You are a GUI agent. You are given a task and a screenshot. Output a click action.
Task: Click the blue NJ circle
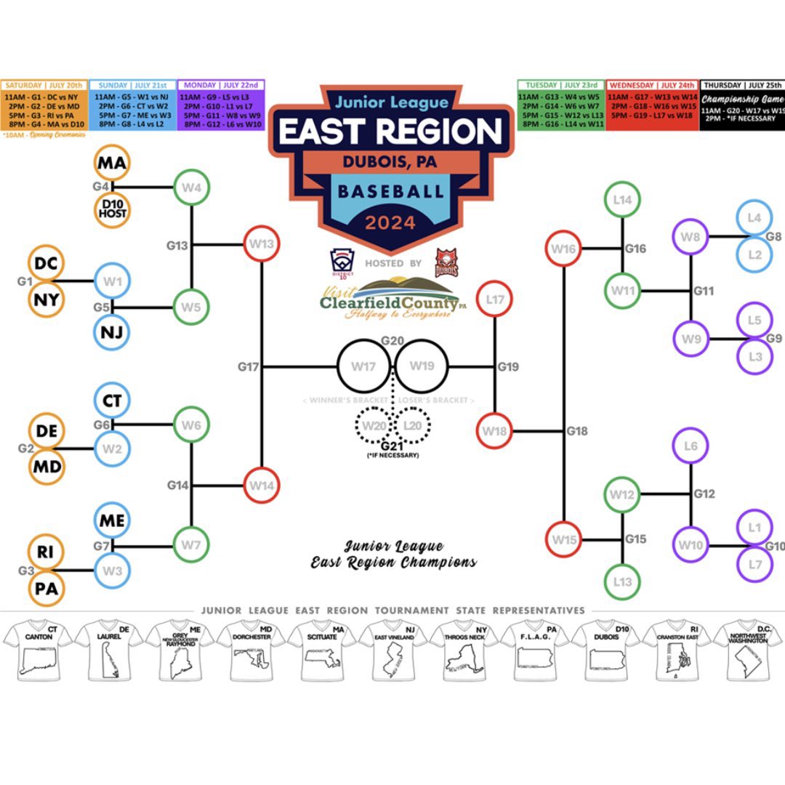[112, 332]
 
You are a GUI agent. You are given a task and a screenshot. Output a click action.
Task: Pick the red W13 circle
[261, 244]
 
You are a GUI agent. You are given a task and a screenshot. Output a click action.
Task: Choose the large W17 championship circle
[363, 366]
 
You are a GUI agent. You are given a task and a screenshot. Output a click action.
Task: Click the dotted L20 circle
[412, 424]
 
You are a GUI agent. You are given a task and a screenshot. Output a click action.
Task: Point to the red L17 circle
[495, 299]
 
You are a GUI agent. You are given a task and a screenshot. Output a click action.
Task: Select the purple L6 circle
[691, 446]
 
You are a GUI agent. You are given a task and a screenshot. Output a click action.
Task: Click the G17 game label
[249, 368]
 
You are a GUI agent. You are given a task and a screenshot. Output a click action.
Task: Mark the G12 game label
[704, 494]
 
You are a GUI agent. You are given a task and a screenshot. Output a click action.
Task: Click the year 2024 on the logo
[391, 222]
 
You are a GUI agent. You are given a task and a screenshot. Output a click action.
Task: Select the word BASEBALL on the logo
[391, 192]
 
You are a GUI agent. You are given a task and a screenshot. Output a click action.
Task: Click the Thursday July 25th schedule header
[742, 85]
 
